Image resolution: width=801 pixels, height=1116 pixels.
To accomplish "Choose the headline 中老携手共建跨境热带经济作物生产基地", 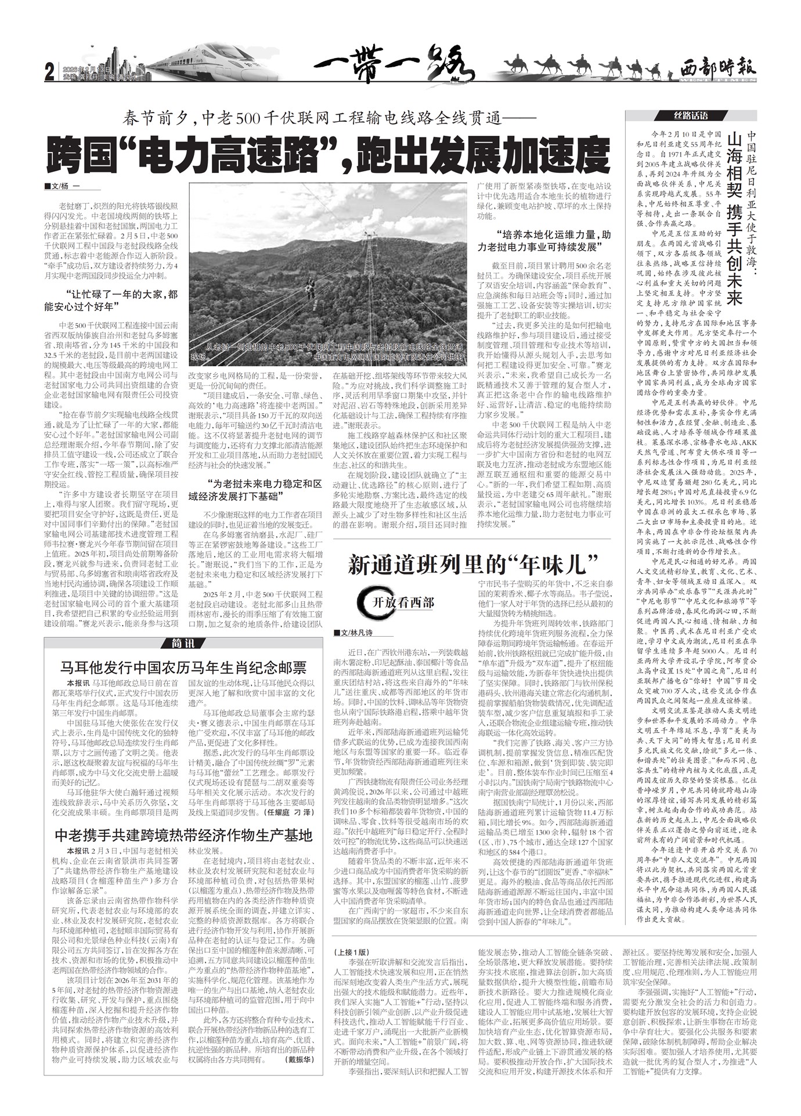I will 183,835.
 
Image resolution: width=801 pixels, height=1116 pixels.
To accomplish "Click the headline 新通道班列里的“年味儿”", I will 473,565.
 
